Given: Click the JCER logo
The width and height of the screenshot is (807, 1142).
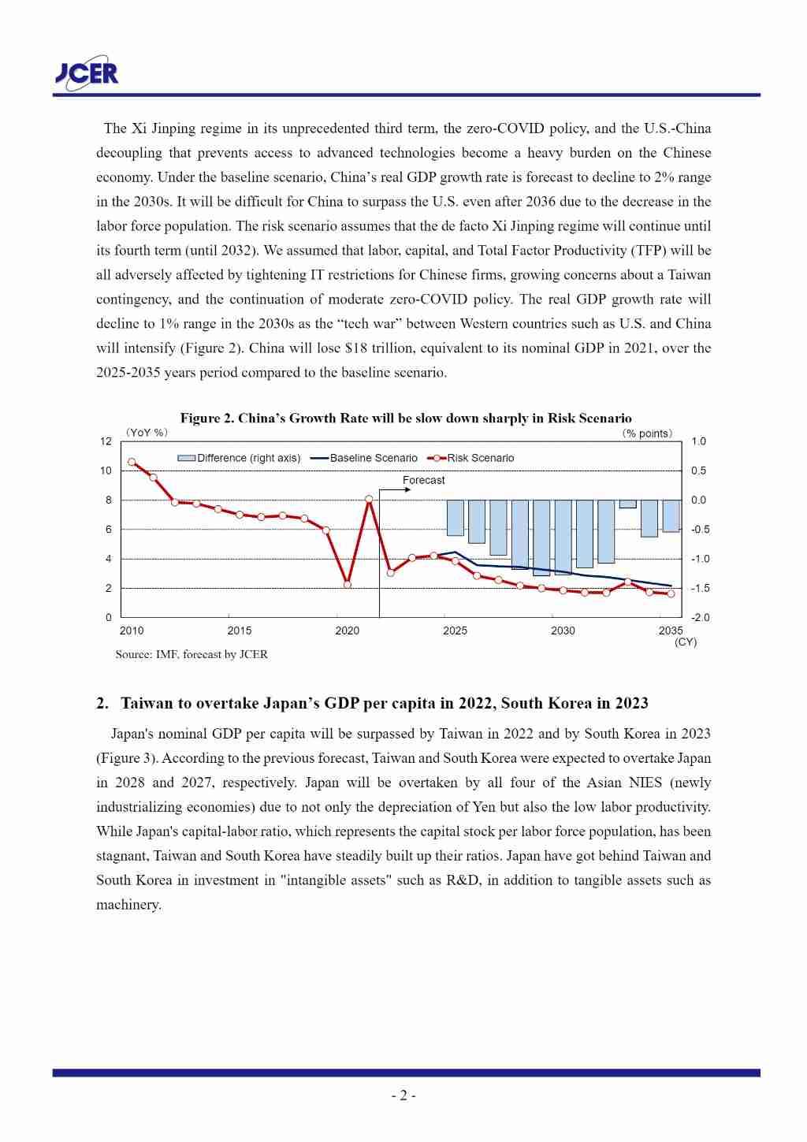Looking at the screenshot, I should point(87,73).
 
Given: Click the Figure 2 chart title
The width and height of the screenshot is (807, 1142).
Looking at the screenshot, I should point(405,418).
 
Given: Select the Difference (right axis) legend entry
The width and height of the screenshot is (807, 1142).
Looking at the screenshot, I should point(240,458).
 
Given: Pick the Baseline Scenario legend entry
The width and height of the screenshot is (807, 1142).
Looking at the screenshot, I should point(364,458).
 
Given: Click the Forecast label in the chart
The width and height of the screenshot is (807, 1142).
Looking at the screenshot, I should point(423,480).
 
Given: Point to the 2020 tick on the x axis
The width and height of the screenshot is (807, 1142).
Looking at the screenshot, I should point(347,631).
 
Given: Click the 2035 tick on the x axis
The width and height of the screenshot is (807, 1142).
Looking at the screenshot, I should point(671,631).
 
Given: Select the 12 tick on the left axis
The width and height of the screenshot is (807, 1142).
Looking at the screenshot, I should point(106,441).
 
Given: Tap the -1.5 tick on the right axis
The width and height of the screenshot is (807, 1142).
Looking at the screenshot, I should point(700,588).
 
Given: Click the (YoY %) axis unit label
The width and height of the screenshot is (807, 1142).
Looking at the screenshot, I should point(147,433).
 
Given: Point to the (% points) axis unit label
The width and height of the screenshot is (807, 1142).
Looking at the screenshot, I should point(647,433).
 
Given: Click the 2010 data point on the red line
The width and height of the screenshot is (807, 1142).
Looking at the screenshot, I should point(132,462).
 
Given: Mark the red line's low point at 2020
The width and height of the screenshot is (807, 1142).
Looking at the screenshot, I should point(348,584).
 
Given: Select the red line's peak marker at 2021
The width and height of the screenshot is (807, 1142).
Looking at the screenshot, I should point(369,499).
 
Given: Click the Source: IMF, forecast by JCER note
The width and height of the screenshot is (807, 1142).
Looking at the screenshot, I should point(192,654).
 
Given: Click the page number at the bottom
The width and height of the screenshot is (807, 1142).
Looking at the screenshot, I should point(403,1096).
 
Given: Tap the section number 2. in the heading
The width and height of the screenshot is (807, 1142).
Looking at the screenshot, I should point(102,703).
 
